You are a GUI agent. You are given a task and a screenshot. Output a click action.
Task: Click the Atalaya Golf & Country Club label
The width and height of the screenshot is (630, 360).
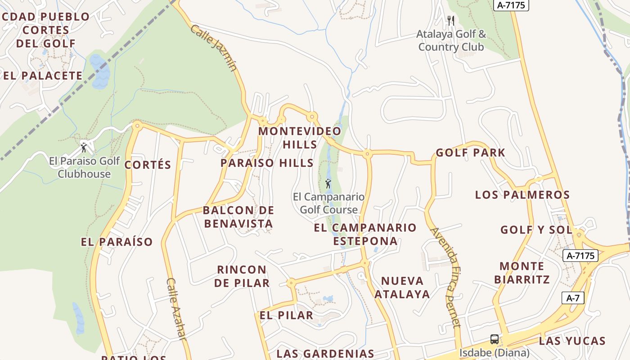click(x=451, y=40)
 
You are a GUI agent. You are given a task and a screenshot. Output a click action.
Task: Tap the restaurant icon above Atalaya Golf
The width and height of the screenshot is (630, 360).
click(x=451, y=21)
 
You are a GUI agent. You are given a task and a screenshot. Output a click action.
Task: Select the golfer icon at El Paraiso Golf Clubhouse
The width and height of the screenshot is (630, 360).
click(x=84, y=147)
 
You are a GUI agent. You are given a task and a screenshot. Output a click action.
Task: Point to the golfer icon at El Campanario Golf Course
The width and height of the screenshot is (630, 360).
click(x=328, y=184)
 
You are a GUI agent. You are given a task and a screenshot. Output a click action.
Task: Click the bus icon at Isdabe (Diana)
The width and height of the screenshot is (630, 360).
click(x=494, y=339)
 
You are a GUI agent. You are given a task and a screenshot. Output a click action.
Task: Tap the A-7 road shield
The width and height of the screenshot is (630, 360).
click(x=573, y=297)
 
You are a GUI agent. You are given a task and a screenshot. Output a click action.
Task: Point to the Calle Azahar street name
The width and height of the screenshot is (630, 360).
click(x=176, y=309)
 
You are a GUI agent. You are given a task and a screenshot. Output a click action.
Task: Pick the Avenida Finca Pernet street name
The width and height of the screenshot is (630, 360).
click(x=446, y=277)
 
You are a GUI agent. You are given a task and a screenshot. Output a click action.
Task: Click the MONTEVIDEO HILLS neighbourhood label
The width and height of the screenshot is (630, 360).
click(x=300, y=138)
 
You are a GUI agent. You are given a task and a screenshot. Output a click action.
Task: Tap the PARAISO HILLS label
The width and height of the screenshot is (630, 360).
click(x=267, y=163)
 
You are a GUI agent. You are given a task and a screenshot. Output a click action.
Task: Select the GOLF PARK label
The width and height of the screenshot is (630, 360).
click(x=470, y=153)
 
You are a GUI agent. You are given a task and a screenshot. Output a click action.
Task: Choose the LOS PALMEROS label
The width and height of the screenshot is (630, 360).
click(x=522, y=195)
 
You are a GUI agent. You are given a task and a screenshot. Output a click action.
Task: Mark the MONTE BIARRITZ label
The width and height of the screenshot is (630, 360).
click(x=522, y=273)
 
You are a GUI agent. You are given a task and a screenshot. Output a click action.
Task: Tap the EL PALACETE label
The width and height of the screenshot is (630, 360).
click(x=43, y=76)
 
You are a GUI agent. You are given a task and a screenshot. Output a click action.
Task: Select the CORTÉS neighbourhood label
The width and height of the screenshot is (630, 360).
click(x=148, y=165)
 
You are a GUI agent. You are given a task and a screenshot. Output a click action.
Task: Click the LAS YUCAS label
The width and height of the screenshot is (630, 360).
click(x=572, y=341)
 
